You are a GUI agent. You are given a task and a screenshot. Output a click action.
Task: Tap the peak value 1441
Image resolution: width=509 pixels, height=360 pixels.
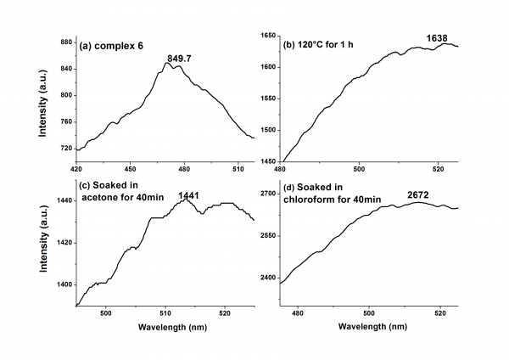point(187,195)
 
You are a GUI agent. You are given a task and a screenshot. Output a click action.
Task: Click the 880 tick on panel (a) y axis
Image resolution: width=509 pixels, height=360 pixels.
point(63,41)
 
